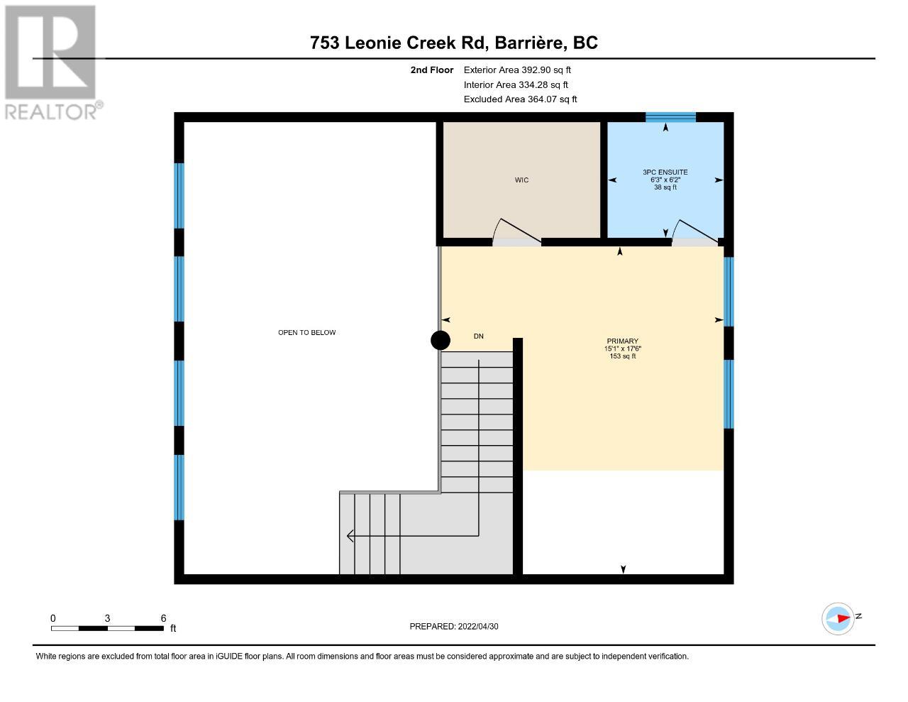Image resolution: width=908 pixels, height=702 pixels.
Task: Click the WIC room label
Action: click(521, 180)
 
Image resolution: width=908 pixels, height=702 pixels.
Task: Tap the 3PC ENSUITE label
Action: click(665, 172)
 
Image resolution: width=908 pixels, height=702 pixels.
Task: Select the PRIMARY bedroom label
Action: click(623, 341)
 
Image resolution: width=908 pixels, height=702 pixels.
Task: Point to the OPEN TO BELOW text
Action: click(307, 333)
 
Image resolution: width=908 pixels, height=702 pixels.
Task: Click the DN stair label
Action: click(478, 336)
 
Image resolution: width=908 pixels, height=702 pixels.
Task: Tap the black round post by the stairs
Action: click(441, 340)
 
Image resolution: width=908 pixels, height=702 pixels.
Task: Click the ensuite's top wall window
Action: click(670, 117)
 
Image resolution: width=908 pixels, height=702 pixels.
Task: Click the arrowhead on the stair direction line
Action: click(350, 536)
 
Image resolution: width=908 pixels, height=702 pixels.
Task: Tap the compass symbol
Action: click(838, 619)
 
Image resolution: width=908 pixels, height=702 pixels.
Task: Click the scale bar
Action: click(107, 628)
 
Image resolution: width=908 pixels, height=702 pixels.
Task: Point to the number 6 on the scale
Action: click(163, 618)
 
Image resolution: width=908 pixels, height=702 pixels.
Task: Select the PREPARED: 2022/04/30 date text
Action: click(454, 626)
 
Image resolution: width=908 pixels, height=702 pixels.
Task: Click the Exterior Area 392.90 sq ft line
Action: click(517, 70)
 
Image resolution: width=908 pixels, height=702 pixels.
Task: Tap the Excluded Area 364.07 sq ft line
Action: click(520, 99)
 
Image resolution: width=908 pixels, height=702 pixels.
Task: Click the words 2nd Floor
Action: click(432, 70)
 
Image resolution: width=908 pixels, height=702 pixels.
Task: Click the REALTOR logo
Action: click(52, 62)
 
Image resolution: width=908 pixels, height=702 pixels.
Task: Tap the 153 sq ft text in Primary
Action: click(623, 356)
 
